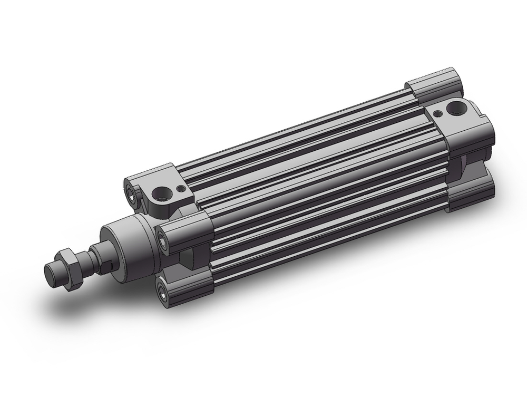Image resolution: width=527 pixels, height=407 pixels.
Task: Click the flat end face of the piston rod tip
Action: pyautogui.click(x=51, y=274)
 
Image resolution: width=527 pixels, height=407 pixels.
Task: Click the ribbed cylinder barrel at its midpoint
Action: pyautogui.click(x=316, y=174)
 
